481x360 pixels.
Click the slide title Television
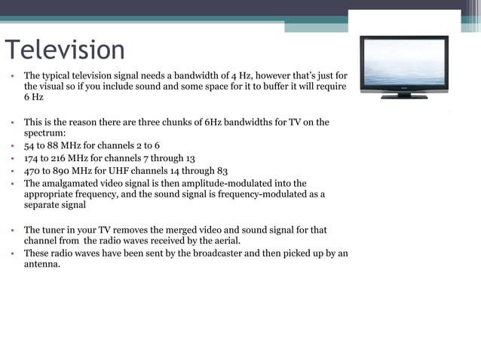(x=65, y=50)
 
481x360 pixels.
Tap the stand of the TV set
(x=404, y=96)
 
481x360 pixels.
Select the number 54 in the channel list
(x=30, y=145)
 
